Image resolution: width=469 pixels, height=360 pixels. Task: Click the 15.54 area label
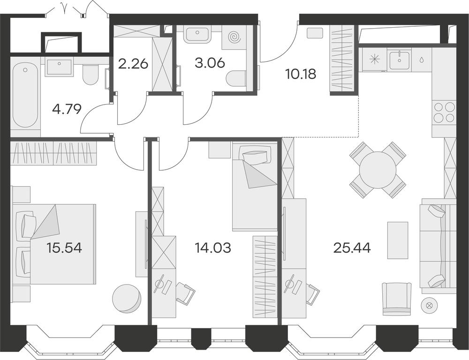point(64,248)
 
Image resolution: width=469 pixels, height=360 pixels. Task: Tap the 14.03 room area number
point(212,248)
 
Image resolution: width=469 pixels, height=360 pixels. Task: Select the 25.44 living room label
point(352,248)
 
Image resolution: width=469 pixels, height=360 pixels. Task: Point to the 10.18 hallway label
point(301,74)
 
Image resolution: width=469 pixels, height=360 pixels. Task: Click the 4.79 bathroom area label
point(67,109)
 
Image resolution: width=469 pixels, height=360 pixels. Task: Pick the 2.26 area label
point(133,64)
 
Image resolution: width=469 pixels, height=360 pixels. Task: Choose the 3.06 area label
point(210,63)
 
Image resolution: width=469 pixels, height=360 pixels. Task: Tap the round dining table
point(378,170)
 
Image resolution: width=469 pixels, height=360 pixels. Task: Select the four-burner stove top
point(444,112)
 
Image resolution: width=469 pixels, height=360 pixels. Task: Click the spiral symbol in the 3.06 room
point(234,37)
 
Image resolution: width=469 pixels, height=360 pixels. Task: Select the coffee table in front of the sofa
point(398,240)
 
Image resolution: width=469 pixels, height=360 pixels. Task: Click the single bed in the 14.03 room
point(255,186)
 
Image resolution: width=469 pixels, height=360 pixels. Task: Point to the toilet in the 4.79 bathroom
point(90,75)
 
